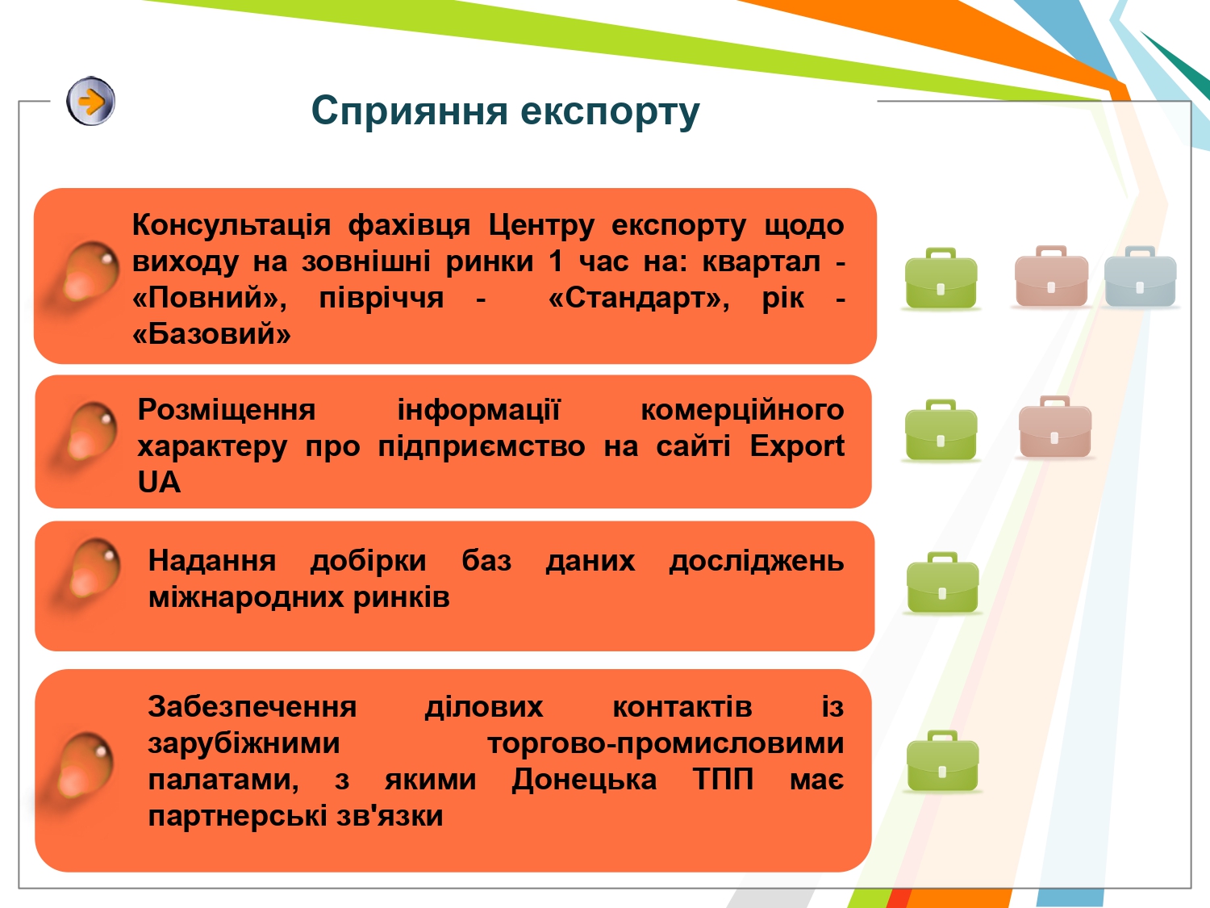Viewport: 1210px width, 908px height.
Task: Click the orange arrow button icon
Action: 91,102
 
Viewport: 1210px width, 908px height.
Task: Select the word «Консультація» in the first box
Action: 232,225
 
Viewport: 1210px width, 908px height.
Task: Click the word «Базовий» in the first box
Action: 211,333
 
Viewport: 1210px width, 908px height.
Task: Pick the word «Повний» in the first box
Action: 210,299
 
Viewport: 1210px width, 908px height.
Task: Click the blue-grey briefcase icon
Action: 1140,276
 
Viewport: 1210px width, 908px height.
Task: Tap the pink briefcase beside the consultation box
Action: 1051,276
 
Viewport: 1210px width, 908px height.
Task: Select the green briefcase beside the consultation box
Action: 941,278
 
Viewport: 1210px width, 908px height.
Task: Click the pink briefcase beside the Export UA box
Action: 1055,427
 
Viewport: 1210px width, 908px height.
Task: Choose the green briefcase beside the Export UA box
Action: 941,429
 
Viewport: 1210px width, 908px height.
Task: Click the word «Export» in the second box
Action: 796,446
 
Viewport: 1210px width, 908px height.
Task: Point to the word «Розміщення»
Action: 227,411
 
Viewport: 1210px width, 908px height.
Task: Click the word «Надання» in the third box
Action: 212,561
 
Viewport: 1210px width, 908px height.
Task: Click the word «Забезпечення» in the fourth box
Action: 252,707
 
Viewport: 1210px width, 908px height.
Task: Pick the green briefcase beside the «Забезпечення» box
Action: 943,761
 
